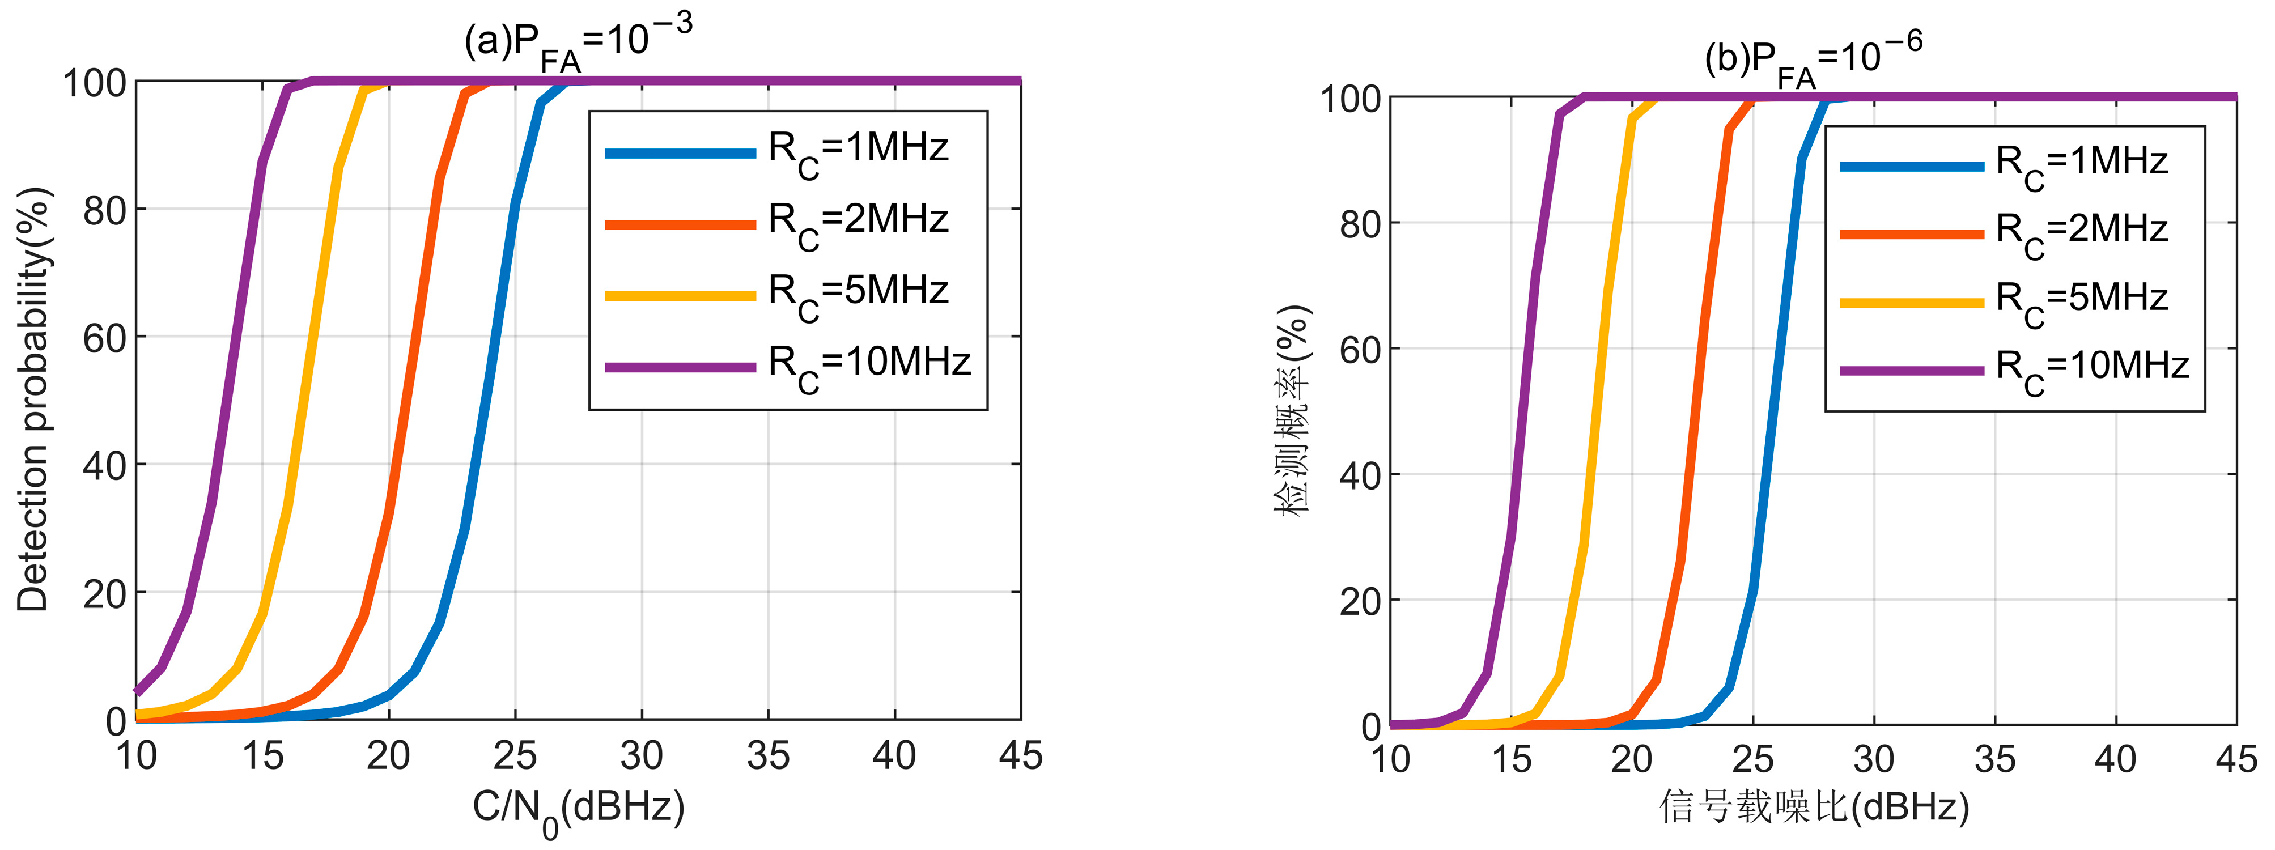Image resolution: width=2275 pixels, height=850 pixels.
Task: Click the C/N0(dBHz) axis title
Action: (579, 807)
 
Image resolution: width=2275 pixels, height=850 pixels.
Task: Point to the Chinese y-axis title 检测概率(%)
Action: (1293, 410)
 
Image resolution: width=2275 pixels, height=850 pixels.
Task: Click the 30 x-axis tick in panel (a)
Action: (641, 755)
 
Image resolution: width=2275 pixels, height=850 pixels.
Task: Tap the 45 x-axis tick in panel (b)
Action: (2236, 759)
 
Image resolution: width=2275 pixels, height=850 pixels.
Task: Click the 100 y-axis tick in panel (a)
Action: (95, 83)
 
